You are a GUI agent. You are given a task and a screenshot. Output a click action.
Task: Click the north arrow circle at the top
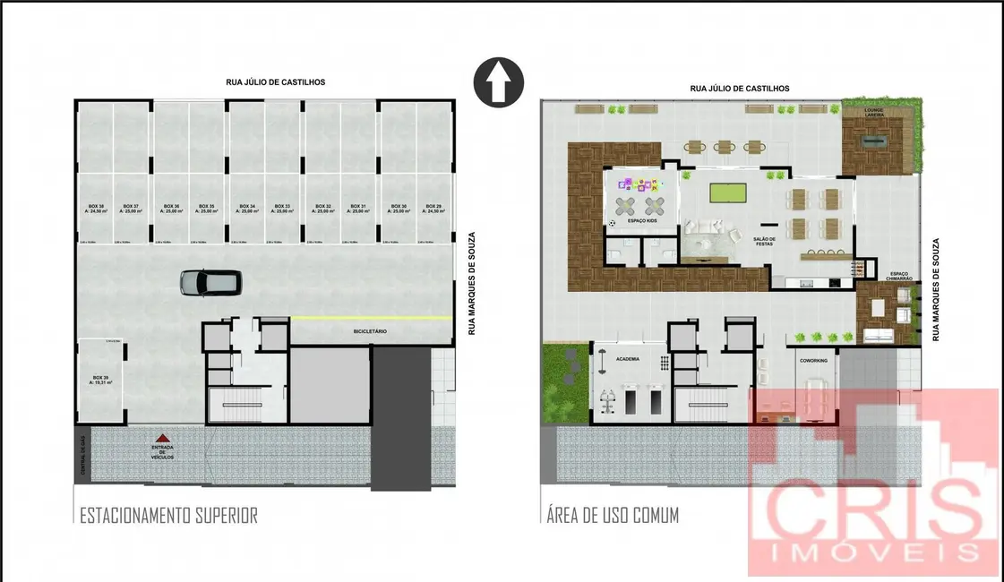[499, 82]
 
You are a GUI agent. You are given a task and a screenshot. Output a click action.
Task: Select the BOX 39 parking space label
[99, 380]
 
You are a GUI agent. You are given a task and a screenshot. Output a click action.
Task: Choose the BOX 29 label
[433, 209]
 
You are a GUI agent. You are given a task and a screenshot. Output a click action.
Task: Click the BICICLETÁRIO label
[368, 331]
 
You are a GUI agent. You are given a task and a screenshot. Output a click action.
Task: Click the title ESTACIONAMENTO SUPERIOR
[168, 515]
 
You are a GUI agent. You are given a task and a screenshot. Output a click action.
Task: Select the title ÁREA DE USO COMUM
[612, 515]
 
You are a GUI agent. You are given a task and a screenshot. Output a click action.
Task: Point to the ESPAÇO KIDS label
[642, 219]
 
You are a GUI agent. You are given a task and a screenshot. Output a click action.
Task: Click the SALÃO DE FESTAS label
[764, 242]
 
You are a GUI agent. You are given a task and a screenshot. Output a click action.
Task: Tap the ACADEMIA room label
[629, 358]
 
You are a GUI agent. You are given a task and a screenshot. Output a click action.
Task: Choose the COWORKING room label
[813, 360]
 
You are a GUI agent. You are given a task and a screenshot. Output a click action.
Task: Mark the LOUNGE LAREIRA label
[874, 113]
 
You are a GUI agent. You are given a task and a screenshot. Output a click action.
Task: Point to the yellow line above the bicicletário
[370, 318]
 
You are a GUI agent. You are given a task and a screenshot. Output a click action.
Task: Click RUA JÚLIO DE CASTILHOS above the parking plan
[275, 82]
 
